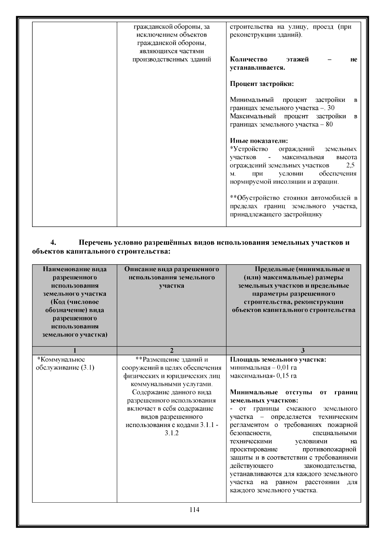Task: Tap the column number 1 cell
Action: (74, 351)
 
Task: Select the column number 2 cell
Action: (171, 351)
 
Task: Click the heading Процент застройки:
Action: (262, 84)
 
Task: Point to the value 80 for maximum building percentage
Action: (329, 124)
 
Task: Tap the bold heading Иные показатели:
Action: (259, 141)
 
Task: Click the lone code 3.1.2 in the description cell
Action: (171, 433)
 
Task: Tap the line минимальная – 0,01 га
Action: (263, 368)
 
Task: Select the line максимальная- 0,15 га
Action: (263, 376)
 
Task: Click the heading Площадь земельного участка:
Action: (278, 359)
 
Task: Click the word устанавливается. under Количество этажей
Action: (258, 68)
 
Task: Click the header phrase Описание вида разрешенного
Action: (171, 269)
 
